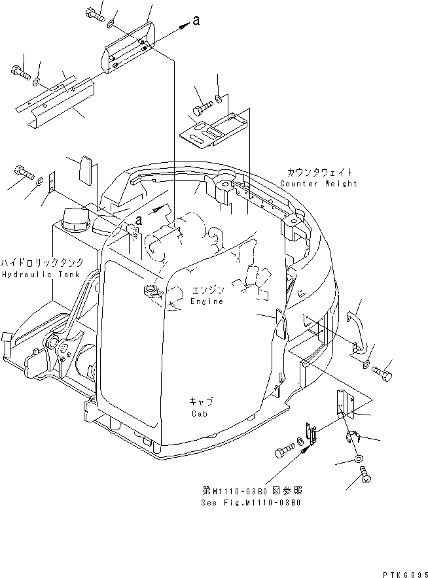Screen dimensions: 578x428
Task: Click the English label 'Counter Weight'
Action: (x=319, y=184)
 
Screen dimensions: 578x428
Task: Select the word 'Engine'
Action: (x=207, y=301)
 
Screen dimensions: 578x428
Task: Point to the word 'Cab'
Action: (x=200, y=414)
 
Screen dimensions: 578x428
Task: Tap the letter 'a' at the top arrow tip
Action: (x=196, y=22)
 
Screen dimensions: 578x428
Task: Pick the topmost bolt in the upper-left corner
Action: (x=96, y=14)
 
